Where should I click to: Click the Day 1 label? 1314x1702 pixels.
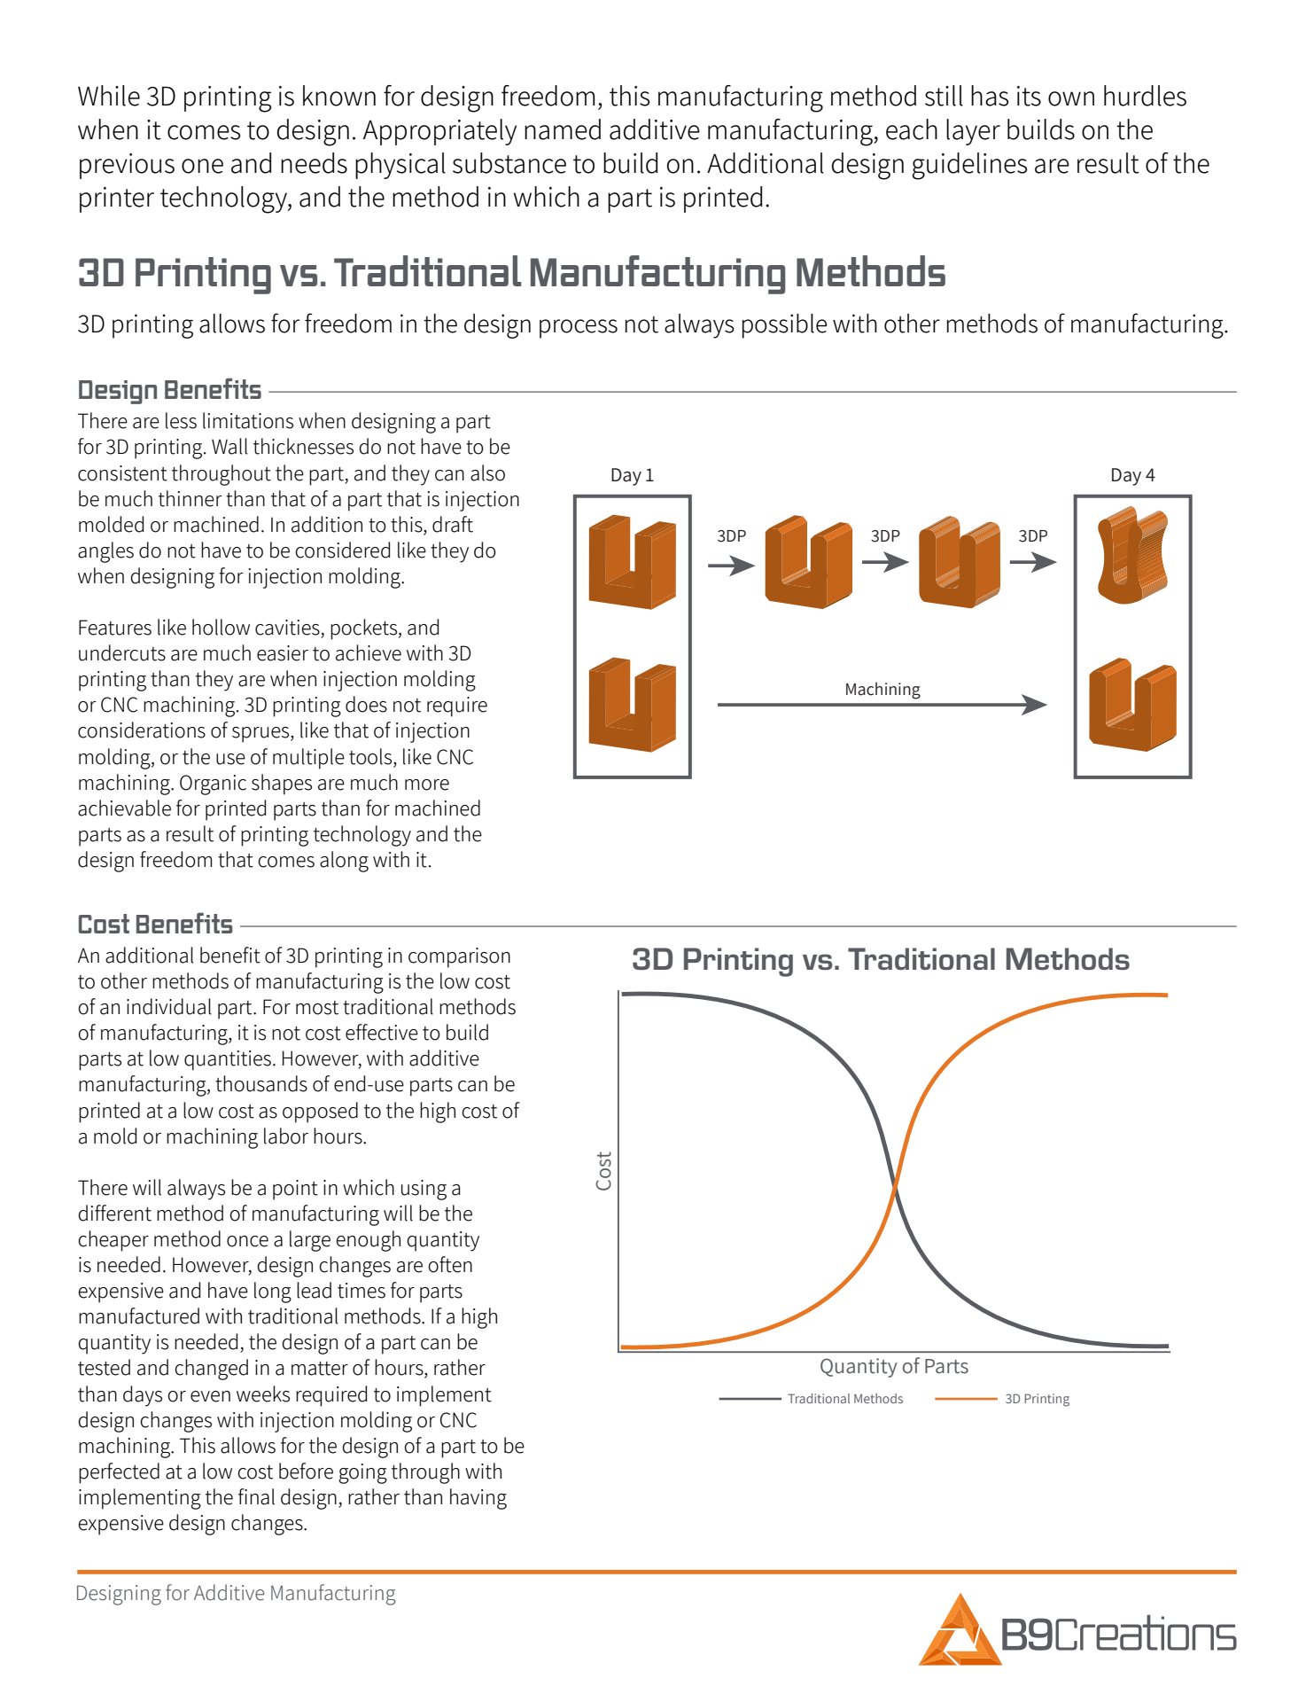pyautogui.click(x=632, y=475)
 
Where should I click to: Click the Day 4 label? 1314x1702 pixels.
pyautogui.click(x=1132, y=475)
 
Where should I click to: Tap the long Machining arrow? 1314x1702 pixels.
pyautogui.click(x=882, y=705)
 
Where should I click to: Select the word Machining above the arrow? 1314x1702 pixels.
pyautogui.click(x=882, y=689)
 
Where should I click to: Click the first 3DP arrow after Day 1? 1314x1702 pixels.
pyautogui.click(x=731, y=564)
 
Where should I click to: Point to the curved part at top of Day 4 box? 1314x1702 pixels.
pyautogui.click(x=1132, y=556)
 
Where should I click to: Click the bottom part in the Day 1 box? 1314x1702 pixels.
pyautogui.click(x=632, y=705)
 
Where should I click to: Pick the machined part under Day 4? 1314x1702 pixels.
pyautogui.click(x=1132, y=705)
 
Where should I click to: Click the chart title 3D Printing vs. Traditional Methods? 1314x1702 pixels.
pyautogui.click(x=881, y=960)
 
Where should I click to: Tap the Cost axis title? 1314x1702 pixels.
pyautogui.click(x=604, y=1170)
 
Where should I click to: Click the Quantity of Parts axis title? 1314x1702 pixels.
pyautogui.click(x=893, y=1366)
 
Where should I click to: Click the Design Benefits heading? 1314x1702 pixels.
pyautogui.click(x=169, y=390)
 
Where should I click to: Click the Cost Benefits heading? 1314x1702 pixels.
pyautogui.click(x=155, y=925)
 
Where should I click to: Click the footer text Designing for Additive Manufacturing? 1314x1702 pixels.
pyautogui.click(x=236, y=1593)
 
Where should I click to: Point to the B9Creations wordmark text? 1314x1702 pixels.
pyautogui.click(x=1118, y=1634)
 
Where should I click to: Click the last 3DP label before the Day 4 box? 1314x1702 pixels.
pyautogui.click(x=1032, y=535)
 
